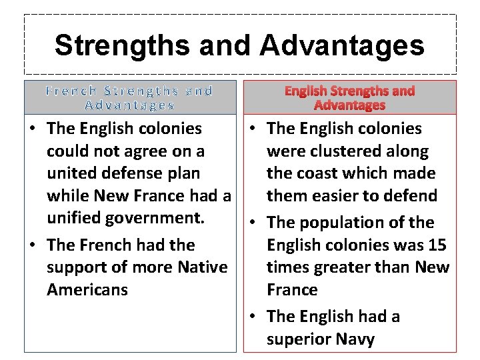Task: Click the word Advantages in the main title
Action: pyautogui.click(x=342, y=46)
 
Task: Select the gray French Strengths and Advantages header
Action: pyautogui.click(x=130, y=97)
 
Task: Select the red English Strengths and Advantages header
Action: pyautogui.click(x=349, y=97)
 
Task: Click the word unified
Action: pyautogui.click(x=75, y=218)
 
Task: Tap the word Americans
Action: pyautogui.click(x=87, y=290)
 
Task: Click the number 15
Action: pyautogui.click(x=437, y=245)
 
